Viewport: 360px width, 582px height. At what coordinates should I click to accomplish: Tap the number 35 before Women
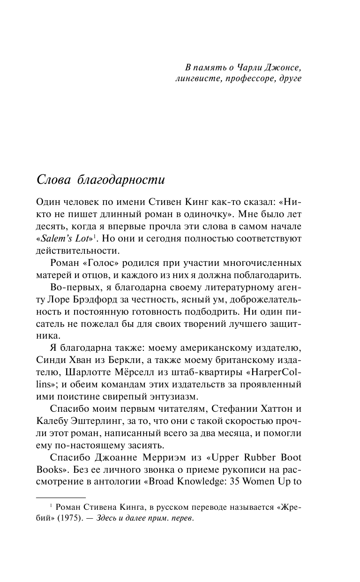pyautogui.click(x=238, y=482)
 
